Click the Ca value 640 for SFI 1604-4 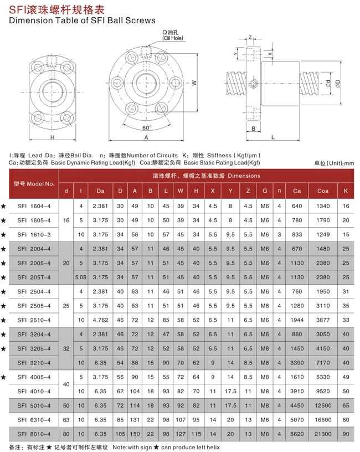pos(297,206)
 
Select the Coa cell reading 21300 pos(323,435)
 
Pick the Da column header pos(100,191)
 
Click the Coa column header pos(323,191)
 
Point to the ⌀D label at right pos(337,84)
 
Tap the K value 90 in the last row pos(346,435)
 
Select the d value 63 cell pos(66,420)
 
